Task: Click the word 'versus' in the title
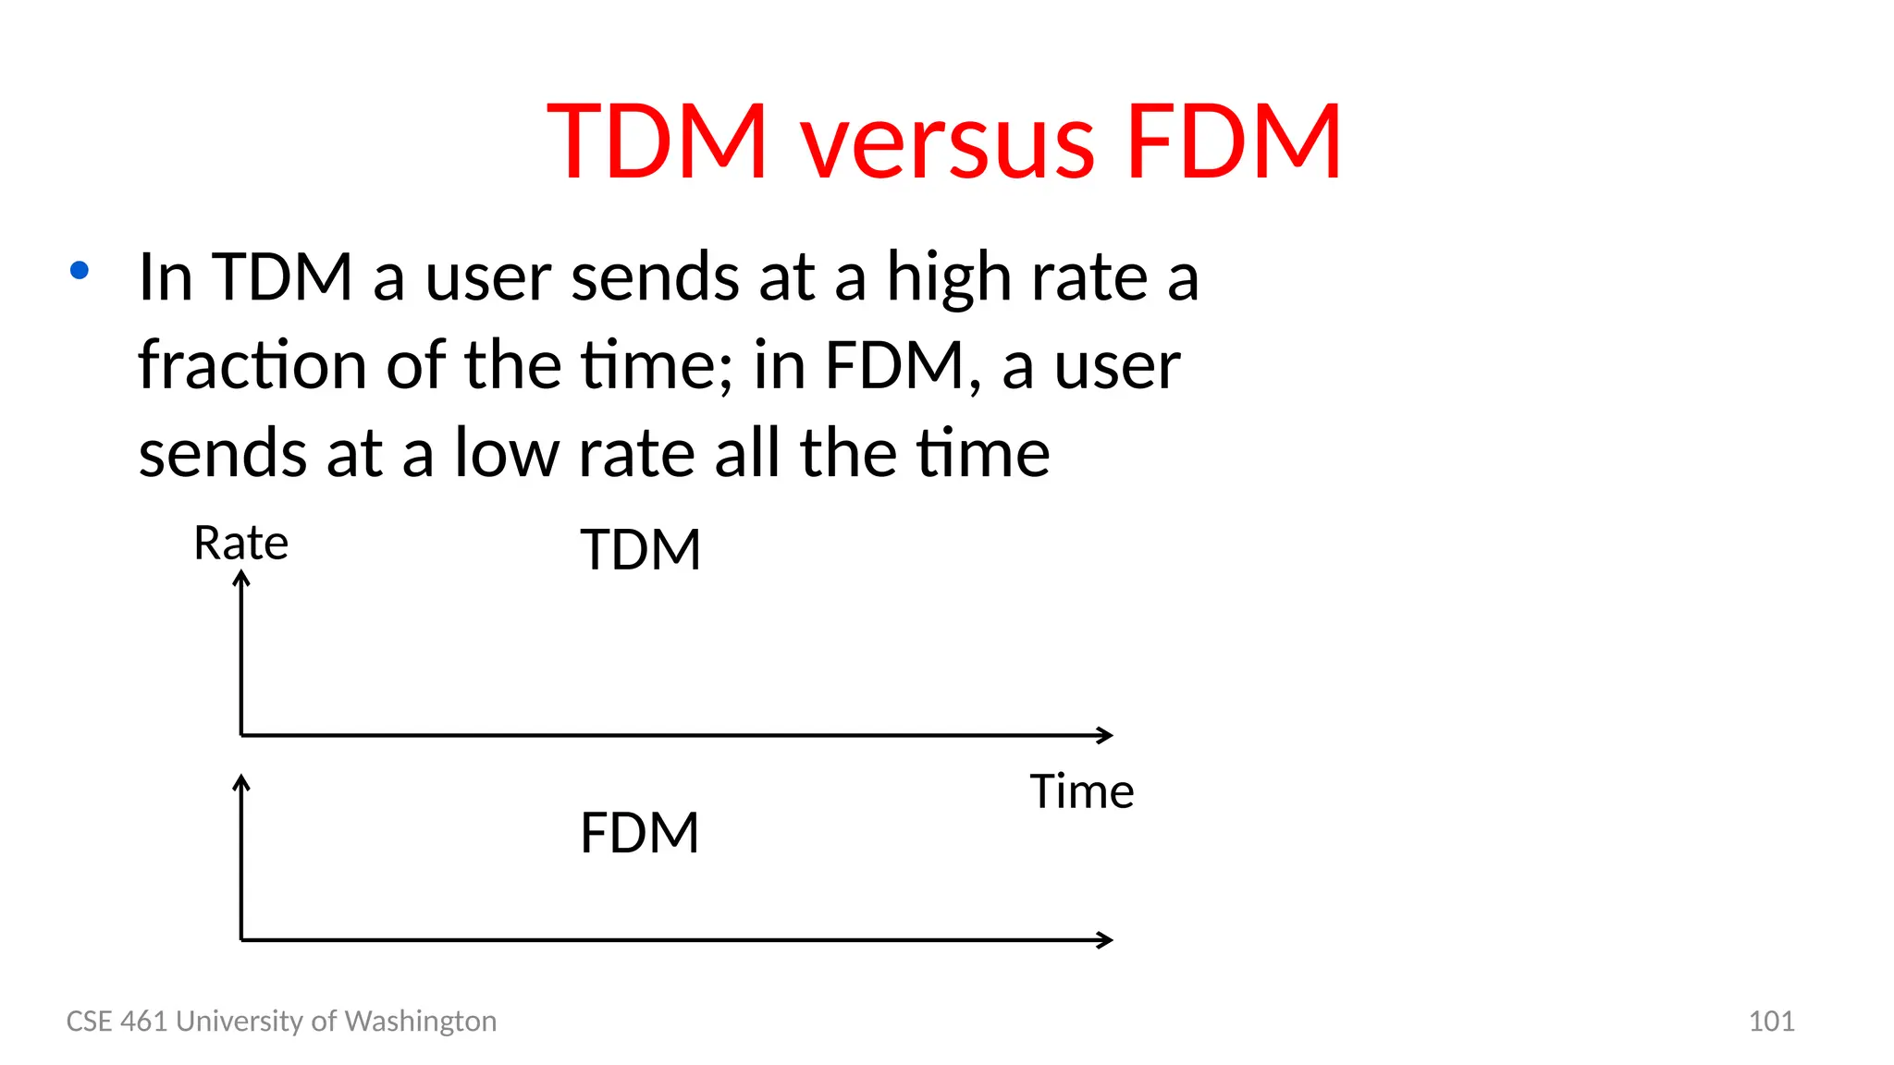click(947, 143)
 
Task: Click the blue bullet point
click(80, 270)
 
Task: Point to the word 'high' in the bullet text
click(949, 277)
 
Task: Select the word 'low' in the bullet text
click(507, 453)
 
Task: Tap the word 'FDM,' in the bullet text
click(903, 364)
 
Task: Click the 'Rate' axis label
click(240, 543)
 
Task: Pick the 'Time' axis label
click(1081, 791)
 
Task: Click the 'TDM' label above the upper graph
click(640, 550)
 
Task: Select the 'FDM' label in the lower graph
click(639, 832)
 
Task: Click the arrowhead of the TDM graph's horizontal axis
click(1105, 735)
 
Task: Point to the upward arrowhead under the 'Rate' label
click(241, 579)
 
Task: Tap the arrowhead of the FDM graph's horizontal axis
click(1105, 939)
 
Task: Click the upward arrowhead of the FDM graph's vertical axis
click(241, 783)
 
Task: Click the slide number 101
click(1771, 1021)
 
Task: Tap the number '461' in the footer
click(145, 1021)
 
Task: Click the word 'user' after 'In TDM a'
click(487, 277)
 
